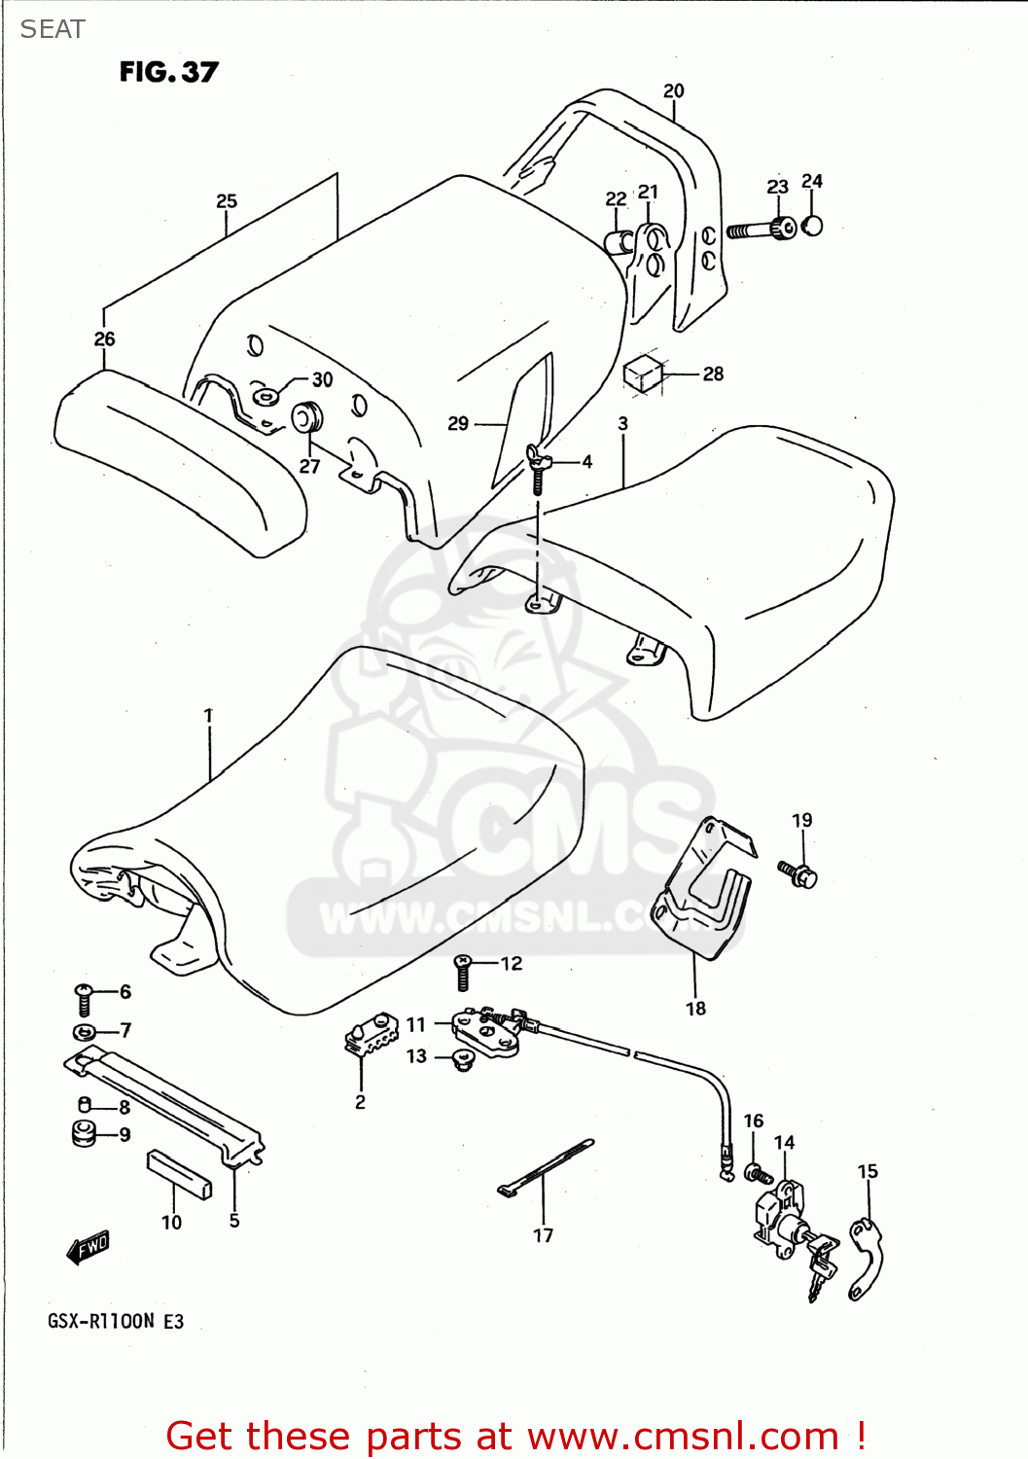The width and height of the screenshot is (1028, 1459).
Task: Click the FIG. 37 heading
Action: (x=168, y=72)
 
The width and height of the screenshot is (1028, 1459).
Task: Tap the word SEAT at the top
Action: (x=53, y=29)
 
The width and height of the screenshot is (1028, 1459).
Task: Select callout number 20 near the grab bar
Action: (x=673, y=90)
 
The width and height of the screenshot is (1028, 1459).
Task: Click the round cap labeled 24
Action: (x=813, y=225)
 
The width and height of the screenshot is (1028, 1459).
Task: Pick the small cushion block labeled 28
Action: (x=643, y=373)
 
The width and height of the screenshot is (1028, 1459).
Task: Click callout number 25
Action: (x=226, y=201)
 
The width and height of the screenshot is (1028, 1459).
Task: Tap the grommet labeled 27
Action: (x=307, y=418)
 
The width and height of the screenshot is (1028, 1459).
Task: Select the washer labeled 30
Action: (x=265, y=395)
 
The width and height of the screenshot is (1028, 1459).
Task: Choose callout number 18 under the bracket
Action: (x=695, y=1009)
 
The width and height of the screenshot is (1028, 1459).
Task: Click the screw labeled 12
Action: (x=463, y=972)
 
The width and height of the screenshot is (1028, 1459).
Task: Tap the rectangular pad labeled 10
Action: (x=179, y=1174)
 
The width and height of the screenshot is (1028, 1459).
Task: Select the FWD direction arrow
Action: (x=89, y=1247)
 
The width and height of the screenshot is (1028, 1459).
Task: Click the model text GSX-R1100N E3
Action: (x=115, y=1321)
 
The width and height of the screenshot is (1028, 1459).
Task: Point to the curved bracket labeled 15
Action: (x=865, y=1260)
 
